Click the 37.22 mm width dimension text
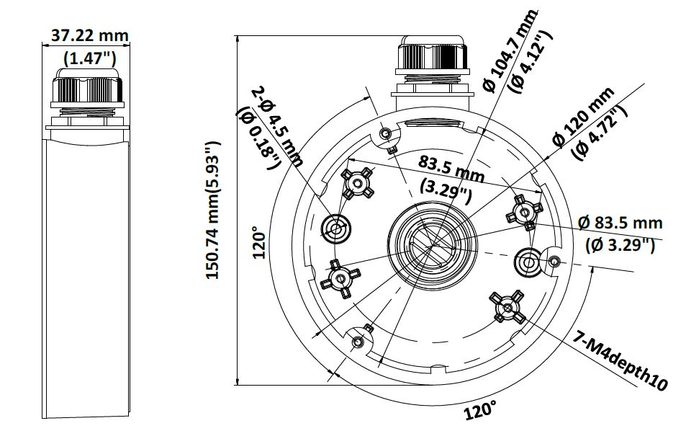tap(87, 35)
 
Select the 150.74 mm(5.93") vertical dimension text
tap(214, 210)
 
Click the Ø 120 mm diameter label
tap(582, 115)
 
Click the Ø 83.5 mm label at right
tap(620, 223)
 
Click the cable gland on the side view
tap(87, 91)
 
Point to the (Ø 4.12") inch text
tap(531, 61)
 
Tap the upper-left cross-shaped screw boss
tap(357, 185)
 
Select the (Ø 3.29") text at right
tap(620, 245)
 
